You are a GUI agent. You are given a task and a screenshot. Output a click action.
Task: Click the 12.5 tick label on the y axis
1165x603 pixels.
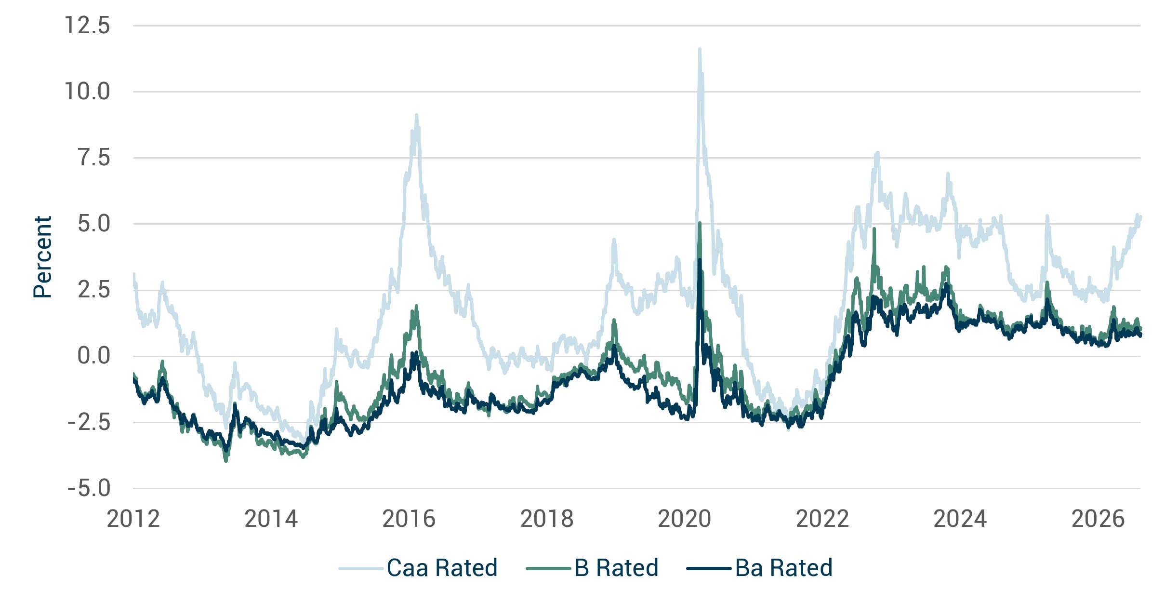(87, 26)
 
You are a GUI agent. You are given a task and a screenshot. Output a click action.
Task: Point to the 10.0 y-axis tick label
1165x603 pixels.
(87, 92)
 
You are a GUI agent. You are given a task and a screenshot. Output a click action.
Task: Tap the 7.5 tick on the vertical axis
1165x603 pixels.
(94, 158)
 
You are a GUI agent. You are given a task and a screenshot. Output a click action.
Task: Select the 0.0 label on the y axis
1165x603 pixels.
(94, 356)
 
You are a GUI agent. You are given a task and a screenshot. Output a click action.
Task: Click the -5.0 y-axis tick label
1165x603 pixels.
(89, 488)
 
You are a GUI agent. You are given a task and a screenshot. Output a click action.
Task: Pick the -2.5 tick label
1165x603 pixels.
(89, 422)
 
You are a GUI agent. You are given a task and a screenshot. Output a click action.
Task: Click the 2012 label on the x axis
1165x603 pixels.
(133, 519)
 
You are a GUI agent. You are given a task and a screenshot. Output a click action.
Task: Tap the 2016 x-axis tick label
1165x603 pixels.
(409, 519)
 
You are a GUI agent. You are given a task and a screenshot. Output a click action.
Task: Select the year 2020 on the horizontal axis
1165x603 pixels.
(684, 519)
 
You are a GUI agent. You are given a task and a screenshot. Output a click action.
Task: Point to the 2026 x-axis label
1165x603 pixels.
(1098, 519)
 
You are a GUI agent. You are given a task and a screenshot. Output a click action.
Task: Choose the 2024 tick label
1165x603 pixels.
(960, 519)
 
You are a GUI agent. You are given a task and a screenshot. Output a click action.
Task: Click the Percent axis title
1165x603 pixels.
(42, 257)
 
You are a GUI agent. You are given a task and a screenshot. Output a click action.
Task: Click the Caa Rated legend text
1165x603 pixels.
(442, 568)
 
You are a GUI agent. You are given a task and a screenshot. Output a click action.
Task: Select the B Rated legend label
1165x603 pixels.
(616, 568)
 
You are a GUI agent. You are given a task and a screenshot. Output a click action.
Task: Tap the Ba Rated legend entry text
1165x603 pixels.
(784, 568)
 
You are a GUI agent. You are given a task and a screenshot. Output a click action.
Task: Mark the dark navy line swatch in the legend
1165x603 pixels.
(709, 569)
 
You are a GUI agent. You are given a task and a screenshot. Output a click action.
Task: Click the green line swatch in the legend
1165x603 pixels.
(548, 569)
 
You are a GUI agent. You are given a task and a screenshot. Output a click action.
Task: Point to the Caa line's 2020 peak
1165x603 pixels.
(700, 49)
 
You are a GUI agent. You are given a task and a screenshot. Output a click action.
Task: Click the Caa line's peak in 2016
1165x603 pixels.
(416, 115)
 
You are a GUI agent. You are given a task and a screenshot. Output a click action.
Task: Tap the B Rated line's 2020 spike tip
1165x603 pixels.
(700, 223)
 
